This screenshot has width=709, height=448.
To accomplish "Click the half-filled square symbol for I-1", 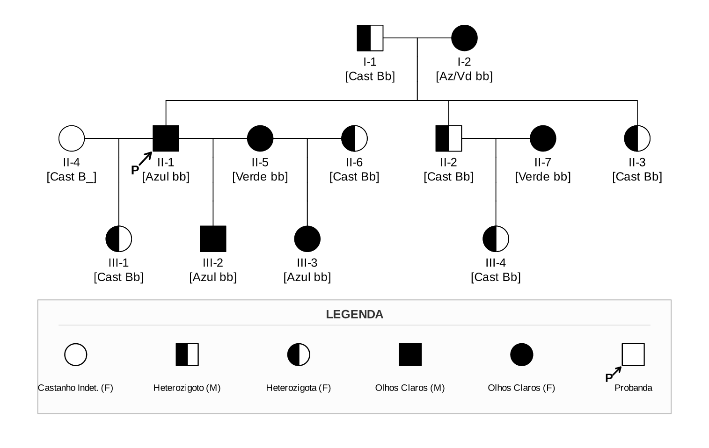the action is [x=370, y=38].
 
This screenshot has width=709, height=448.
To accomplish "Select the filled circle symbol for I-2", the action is [x=464, y=38].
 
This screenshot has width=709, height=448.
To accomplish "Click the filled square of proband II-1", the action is [x=166, y=138].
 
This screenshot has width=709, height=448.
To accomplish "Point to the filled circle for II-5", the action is [x=260, y=138].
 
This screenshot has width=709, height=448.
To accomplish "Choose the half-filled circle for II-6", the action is [x=355, y=138].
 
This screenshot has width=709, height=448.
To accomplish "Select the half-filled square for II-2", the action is [x=448, y=138].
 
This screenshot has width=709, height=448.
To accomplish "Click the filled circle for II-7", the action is [x=543, y=138].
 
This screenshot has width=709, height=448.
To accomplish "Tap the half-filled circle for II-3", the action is [x=637, y=138].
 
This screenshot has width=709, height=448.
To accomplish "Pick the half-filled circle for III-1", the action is [x=119, y=239].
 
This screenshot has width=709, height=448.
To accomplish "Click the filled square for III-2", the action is [x=213, y=239].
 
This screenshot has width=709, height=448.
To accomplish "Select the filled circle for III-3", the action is [x=307, y=239].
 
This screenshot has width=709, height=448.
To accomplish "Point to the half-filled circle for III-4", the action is [x=496, y=239].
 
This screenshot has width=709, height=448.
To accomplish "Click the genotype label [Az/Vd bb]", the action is [x=464, y=76].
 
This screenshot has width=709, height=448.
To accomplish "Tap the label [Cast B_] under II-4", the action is [x=72, y=177].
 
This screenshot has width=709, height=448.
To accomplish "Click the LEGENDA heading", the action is [x=355, y=314].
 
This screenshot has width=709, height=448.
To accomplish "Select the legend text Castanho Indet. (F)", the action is [x=75, y=388].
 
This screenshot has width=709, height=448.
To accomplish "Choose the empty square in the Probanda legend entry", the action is [x=633, y=354].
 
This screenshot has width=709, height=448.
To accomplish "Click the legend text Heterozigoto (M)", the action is [x=187, y=388].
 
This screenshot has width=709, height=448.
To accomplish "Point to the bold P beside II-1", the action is [x=135, y=170].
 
